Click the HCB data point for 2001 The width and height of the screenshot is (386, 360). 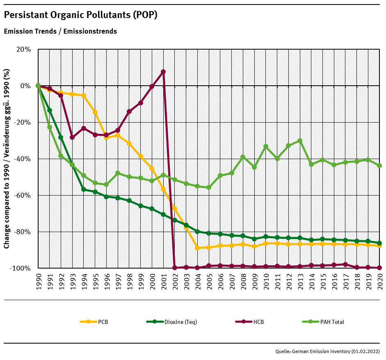point(163,72)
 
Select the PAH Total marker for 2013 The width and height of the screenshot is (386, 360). point(300,141)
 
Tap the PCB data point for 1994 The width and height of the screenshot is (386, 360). point(84,96)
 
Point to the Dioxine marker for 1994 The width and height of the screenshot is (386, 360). point(84,189)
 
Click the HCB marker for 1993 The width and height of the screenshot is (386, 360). point(72,137)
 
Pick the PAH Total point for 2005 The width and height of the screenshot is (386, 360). point(209,187)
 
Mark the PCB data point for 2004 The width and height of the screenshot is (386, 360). point(197,248)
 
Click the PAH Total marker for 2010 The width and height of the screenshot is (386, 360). point(266,146)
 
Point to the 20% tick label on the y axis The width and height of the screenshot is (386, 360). point(23,49)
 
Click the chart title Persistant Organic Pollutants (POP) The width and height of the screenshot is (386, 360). point(81,15)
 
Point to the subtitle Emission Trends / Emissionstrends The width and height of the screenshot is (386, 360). point(60,31)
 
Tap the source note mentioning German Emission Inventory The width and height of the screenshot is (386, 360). point(327,351)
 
